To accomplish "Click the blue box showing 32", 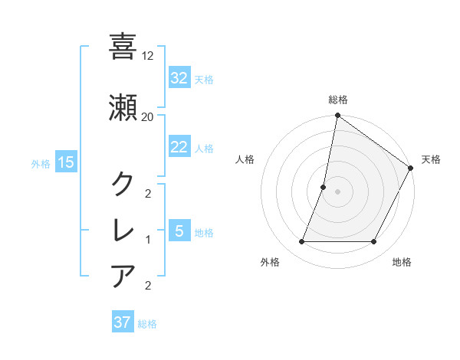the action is (x=179, y=78).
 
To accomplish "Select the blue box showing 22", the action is (x=179, y=147).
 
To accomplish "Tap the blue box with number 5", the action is (x=179, y=231).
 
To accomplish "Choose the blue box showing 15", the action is (x=65, y=162).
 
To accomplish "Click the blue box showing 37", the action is (x=123, y=322).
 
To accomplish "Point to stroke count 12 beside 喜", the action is (x=148, y=55).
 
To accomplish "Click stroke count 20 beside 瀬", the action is (x=148, y=116).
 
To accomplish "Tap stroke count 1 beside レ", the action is (x=148, y=239).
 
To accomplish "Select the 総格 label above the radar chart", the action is (x=338, y=100).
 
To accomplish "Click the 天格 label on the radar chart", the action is (x=431, y=159).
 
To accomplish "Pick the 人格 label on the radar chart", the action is (x=245, y=159).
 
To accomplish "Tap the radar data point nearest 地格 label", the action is (x=374, y=242).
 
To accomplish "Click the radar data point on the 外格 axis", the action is (x=301, y=242).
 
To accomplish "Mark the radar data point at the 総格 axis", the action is (x=337, y=116).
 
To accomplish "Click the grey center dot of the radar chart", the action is (x=337, y=191).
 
